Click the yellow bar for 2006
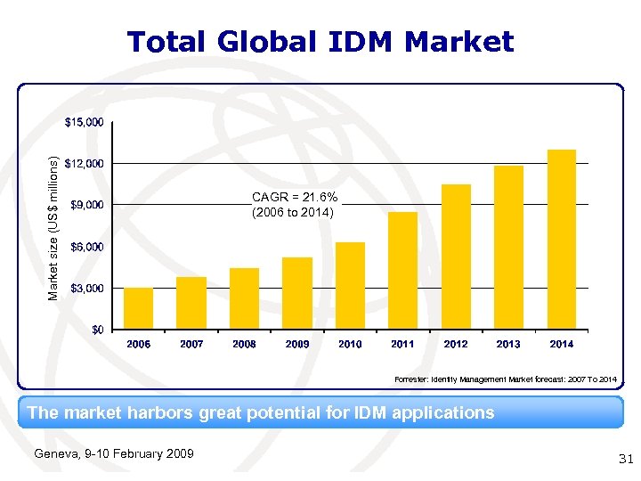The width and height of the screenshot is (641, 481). pos(138,308)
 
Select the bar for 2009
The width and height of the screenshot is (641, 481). pos(297,293)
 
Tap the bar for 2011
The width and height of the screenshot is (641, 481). pos(402,271)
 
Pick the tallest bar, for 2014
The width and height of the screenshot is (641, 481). pos(562,240)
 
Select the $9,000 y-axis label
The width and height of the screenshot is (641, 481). pos(86,205)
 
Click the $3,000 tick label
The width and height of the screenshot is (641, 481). pos(86,289)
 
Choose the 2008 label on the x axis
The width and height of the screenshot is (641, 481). pos(244,344)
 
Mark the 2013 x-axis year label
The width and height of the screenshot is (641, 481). pos(508,344)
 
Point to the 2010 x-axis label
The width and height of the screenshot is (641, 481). pos(350,344)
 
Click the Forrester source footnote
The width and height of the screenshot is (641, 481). pos(505,380)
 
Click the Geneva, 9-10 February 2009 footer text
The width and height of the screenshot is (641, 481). pos(113,454)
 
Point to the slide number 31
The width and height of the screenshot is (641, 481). pos(624,459)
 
